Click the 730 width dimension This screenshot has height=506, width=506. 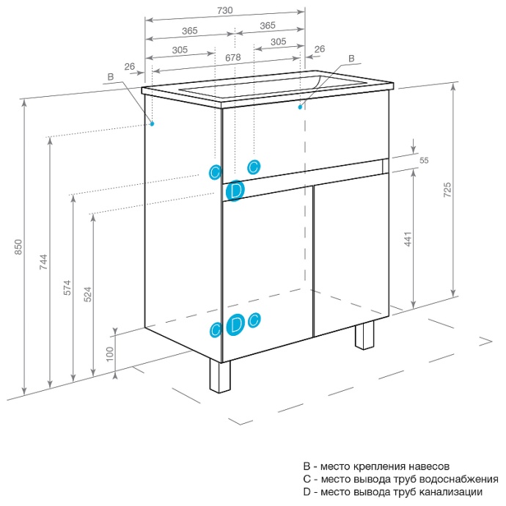(225, 10)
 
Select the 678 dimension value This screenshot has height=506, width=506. (233, 56)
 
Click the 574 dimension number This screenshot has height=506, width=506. (67, 289)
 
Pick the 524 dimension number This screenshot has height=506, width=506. (87, 295)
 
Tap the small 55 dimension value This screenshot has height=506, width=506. (424, 161)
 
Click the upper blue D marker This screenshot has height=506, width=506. (235, 191)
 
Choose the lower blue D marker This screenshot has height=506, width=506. (235, 325)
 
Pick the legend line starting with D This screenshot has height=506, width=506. (392, 492)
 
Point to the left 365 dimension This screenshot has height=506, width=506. (189, 31)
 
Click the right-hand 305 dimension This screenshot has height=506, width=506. (278, 42)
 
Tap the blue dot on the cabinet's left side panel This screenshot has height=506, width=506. (153, 123)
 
